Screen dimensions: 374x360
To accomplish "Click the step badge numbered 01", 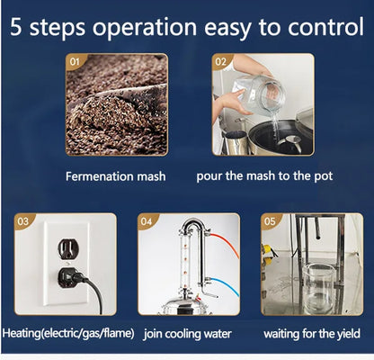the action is (x=75, y=62).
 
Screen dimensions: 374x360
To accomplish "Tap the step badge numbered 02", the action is (x=221, y=62).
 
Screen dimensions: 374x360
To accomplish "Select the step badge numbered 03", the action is (x=23, y=221).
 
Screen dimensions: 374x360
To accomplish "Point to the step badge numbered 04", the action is (x=147, y=221).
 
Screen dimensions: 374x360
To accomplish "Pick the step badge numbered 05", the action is (x=270, y=221).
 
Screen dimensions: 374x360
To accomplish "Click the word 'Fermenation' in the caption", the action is (x=100, y=176).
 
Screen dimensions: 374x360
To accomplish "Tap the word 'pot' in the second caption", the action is (x=324, y=176).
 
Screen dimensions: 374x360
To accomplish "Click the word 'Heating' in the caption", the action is (x=21, y=333).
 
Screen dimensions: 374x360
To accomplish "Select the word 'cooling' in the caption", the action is (x=180, y=334).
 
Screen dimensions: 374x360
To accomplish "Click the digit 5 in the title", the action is (x=16, y=27).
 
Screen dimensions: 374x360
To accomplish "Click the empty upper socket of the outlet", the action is (x=68, y=249).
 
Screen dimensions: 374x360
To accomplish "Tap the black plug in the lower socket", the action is (x=71, y=277).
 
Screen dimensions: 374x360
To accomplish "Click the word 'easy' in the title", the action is (x=231, y=28).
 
